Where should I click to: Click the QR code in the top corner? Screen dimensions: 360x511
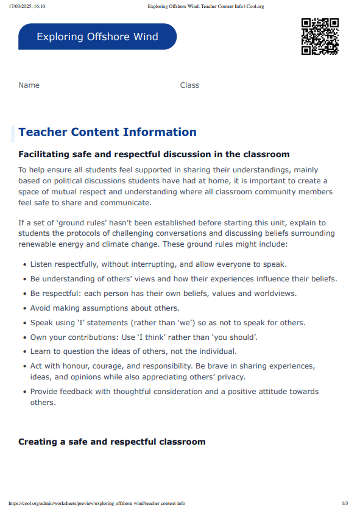320,37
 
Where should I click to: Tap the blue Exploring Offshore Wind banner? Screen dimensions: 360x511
97,37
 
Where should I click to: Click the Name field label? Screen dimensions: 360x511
29,85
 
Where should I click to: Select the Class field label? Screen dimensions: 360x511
189,85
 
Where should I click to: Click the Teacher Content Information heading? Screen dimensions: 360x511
107,132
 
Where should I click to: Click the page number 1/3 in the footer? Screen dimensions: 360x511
345,503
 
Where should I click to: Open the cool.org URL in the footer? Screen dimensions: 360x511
97,503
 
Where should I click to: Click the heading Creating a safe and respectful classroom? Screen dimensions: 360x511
112,442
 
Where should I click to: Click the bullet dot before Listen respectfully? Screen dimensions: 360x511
24,265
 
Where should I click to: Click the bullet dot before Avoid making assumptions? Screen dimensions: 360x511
24,308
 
